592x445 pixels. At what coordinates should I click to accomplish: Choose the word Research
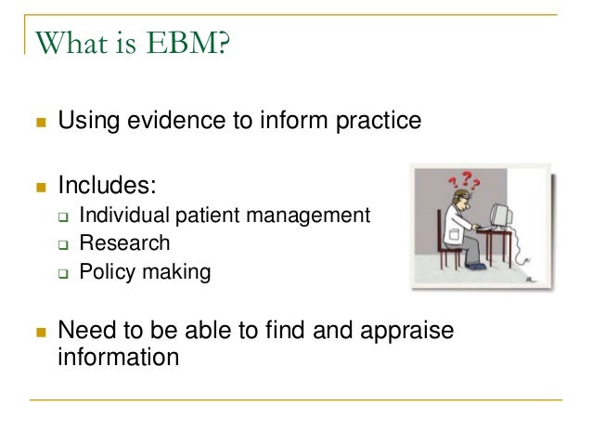point(124,243)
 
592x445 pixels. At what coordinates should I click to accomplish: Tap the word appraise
point(403,330)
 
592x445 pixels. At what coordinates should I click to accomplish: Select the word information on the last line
point(118,356)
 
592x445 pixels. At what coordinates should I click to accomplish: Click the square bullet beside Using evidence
point(38,122)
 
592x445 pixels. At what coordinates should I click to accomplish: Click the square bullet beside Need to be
point(38,332)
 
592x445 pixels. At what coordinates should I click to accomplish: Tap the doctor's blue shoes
point(474,267)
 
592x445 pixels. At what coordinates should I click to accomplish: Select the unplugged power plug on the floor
point(528,278)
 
